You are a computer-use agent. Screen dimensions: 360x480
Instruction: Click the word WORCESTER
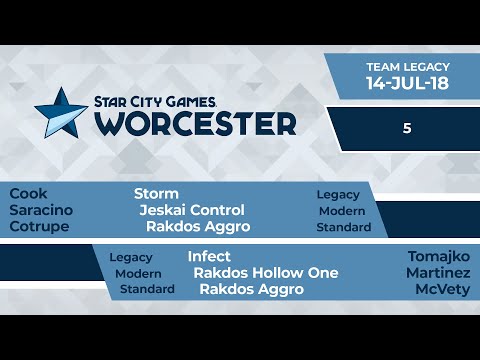point(196,123)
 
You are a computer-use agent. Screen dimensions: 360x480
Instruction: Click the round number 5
point(407,129)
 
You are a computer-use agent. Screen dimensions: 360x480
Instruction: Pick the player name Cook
point(28,193)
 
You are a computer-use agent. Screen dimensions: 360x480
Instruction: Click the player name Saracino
point(41,210)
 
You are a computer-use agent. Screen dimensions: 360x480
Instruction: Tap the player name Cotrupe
point(38,227)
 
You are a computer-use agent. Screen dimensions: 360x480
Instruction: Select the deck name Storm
point(156,193)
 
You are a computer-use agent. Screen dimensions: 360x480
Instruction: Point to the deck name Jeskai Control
point(192,210)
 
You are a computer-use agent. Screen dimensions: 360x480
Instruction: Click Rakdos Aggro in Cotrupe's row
point(198,227)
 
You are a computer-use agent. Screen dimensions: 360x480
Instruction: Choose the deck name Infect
point(209,256)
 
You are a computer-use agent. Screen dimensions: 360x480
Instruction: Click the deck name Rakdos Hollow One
point(266,273)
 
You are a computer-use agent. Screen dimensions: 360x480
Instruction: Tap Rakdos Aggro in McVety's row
point(252,290)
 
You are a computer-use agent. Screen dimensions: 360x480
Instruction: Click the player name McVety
point(442,290)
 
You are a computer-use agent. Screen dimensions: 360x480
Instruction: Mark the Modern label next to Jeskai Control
point(342,211)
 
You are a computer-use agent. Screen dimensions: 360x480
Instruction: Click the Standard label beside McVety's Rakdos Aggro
point(147,290)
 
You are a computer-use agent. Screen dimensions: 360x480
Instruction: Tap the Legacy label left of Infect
point(131,257)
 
